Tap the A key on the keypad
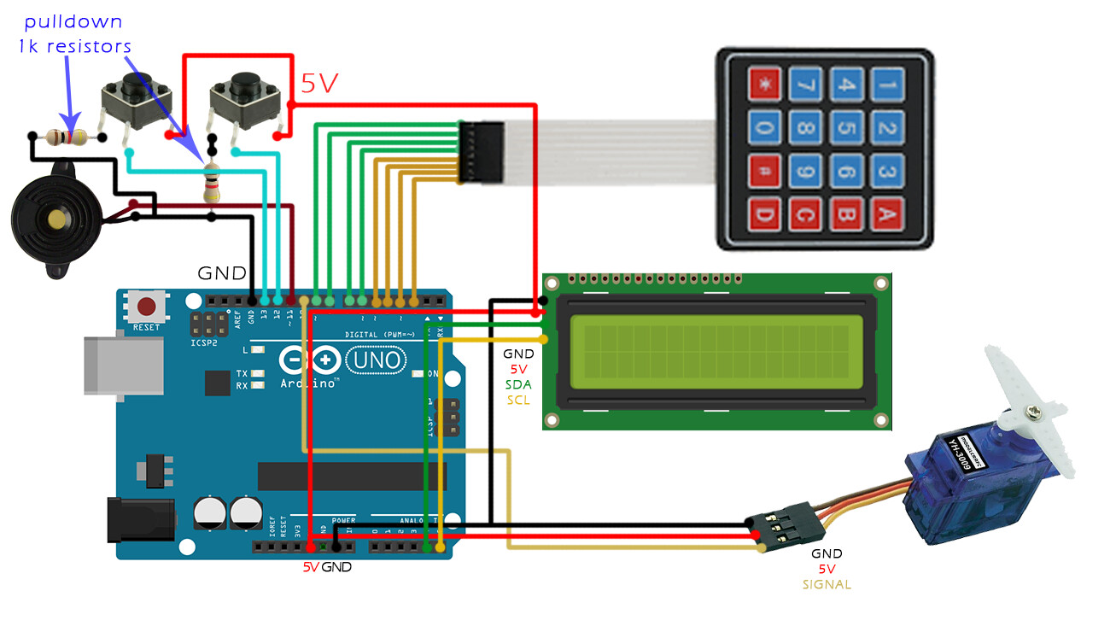[888, 214]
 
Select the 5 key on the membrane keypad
[844, 128]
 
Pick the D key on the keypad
[763, 214]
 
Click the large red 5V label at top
[319, 84]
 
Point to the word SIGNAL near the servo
[826, 585]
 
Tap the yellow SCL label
[517, 400]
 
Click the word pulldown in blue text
[73, 21]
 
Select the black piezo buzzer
[56, 219]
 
